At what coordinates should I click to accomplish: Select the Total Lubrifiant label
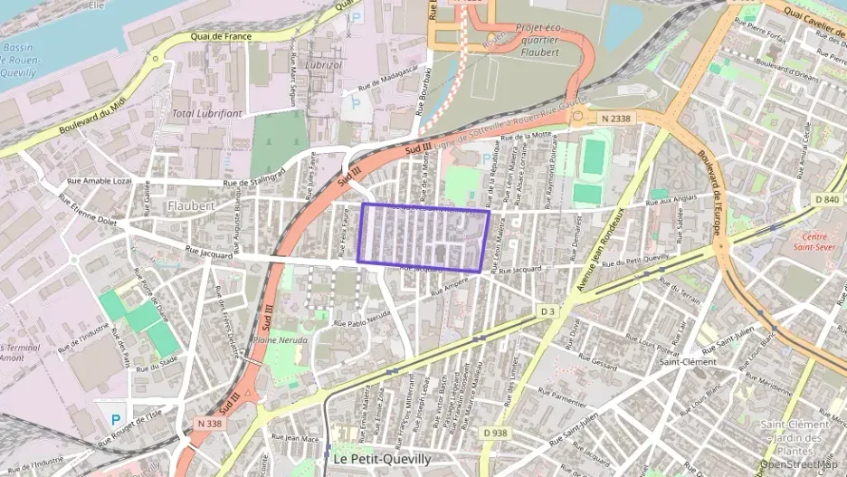(207, 113)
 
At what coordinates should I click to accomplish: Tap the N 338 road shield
(208, 423)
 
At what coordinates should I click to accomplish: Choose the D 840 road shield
(827, 199)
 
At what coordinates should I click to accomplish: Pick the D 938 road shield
(495, 433)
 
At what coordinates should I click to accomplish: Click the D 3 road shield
(547, 310)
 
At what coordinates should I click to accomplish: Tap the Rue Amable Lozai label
(100, 180)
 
